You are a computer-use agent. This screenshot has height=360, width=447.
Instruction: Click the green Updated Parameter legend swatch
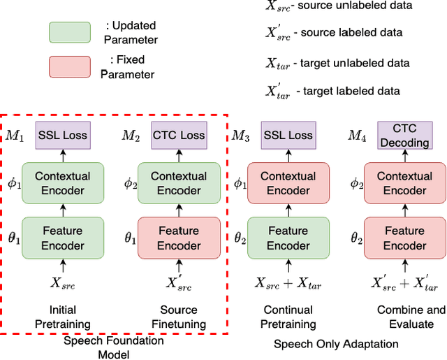(69, 32)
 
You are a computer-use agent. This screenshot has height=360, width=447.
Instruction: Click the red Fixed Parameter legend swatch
(69, 66)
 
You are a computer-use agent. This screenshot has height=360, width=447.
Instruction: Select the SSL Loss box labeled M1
(63, 135)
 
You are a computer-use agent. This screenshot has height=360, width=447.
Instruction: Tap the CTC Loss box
(179, 135)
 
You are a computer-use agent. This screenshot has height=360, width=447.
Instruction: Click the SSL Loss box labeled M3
(288, 135)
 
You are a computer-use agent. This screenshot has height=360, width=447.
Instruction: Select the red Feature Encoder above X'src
(179, 238)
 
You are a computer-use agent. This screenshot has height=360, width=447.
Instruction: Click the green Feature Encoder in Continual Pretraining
(288, 238)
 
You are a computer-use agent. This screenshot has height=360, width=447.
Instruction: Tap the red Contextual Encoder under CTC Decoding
(404, 183)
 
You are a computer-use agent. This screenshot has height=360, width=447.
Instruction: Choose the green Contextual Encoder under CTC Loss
(179, 183)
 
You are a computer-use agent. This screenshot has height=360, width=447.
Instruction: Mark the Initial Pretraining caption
(63, 317)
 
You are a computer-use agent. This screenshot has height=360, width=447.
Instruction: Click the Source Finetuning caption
(179, 317)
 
